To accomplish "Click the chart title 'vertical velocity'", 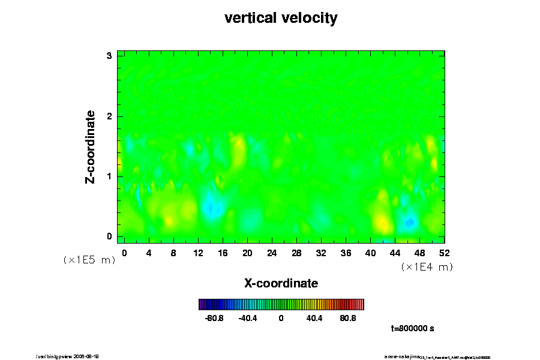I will pyautogui.click(x=281, y=19).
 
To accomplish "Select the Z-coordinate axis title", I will pyautogui.click(x=91, y=146).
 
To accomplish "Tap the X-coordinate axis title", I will pyautogui.click(x=281, y=283).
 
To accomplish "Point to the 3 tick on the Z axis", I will pyautogui.click(x=109, y=55).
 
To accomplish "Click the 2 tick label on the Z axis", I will pyautogui.click(x=109, y=116).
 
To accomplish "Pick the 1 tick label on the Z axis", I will pyautogui.click(x=109, y=176).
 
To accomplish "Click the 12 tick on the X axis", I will pyautogui.click(x=198, y=253).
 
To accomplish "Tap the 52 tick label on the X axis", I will pyautogui.click(x=444, y=253).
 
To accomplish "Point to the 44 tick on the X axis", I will pyautogui.click(x=395, y=253).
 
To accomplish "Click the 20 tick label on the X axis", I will pyautogui.click(x=247, y=253).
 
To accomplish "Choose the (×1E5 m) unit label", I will pyautogui.click(x=89, y=260).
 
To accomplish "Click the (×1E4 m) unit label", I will pyautogui.click(x=427, y=267).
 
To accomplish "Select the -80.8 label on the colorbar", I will pyautogui.click(x=214, y=318).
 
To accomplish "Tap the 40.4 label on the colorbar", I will pyautogui.click(x=314, y=318).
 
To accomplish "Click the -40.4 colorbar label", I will pyautogui.click(x=248, y=318).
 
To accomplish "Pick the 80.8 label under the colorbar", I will pyautogui.click(x=348, y=318).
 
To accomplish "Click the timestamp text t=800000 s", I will pyautogui.click(x=412, y=329).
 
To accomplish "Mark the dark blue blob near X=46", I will pyautogui.click(x=410, y=223).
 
